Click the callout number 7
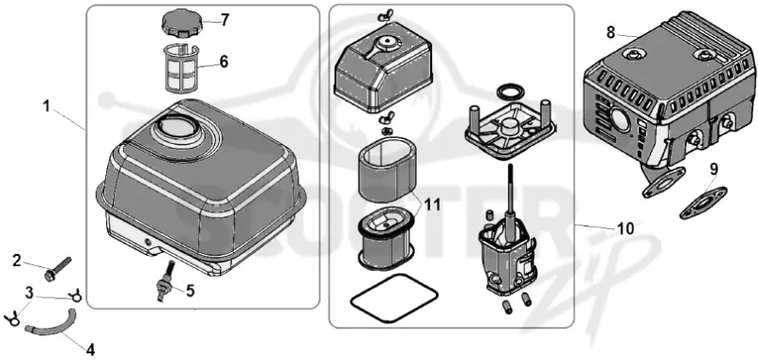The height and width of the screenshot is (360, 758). tap(225, 20)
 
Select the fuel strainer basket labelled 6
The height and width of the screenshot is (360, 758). tap(180, 67)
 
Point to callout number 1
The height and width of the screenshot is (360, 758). tap(46, 106)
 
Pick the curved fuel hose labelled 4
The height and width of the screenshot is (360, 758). tap(51, 323)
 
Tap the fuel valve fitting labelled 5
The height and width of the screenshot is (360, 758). tap(165, 280)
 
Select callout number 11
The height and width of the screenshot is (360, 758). tap(433, 205)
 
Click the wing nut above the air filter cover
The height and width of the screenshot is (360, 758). tap(385, 17)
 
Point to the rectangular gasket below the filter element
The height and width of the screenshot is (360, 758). tap(394, 297)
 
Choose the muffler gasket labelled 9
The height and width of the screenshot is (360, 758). tap(703, 203)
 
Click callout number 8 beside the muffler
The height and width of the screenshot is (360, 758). tap(611, 32)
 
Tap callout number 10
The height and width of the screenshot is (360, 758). tap(625, 228)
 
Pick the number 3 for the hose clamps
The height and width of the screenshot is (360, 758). tap(29, 293)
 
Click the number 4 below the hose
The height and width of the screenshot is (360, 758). tap(90, 349)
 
